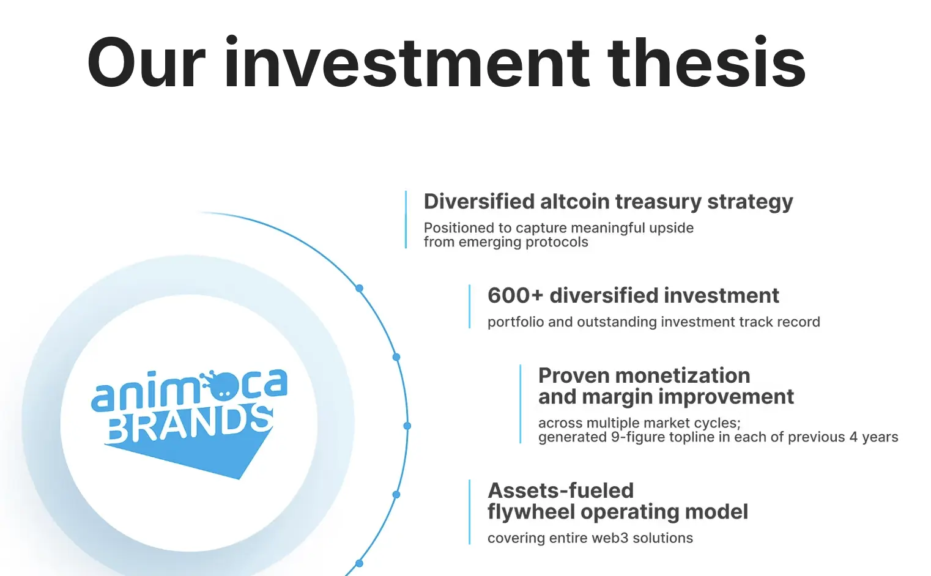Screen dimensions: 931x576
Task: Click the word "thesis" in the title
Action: coord(706,62)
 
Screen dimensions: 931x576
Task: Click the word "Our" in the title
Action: coord(146,63)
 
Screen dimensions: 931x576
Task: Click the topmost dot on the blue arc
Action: coord(360,288)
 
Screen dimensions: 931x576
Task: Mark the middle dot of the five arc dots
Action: coord(407,426)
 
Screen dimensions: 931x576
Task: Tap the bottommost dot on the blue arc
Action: coord(360,564)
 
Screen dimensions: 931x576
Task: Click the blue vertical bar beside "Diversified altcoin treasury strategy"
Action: coord(406,220)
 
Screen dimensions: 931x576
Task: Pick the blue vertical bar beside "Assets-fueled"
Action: coord(470,512)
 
